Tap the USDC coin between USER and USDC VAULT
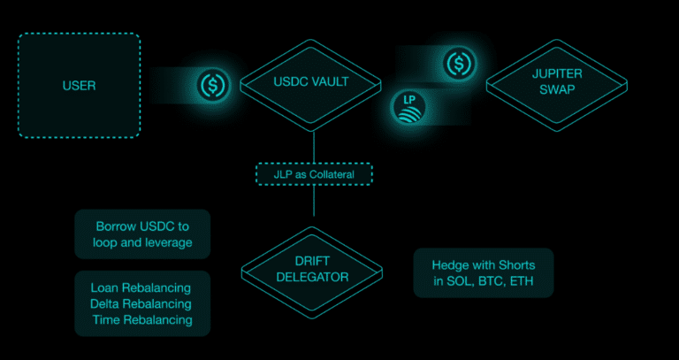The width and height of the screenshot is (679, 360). pyautogui.click(x=212, y=85)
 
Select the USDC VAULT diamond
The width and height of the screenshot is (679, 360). pyautogui.click(x=310, y=86)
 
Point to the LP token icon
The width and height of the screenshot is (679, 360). pyautogui.click(x=408, y=107)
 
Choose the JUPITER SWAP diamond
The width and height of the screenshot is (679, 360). pyautogui.click(x=556, y=85)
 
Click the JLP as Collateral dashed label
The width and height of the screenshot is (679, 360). pyautogui.click(x=314, y=174)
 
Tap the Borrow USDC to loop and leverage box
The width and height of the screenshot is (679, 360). pyautogui.click(x=142, y=234)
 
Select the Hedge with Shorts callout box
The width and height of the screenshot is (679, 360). pyautogui.click(x=484, y=273)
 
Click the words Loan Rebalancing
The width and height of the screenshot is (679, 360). pyautogui.click(x=141, y=287)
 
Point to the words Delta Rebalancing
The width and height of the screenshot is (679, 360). pyautogui.click(x=141, y=303)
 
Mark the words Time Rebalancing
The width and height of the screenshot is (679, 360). pyautogui.click(x=142, y=319)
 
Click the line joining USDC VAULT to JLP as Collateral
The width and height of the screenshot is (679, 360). pyautogui.click(x=314, y=148)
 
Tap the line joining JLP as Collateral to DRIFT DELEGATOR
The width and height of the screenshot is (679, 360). pyautogui.click(x=314, y=201)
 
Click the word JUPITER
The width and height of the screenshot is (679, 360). pyautogui.click(x=557, y=73)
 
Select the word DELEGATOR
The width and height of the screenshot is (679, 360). pyautogui.click(x=312, y=277)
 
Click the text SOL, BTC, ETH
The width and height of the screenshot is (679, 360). pyautogui.click(x=484, y=281)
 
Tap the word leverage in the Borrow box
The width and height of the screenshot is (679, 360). pyautogui.click(x=168, y=242)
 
